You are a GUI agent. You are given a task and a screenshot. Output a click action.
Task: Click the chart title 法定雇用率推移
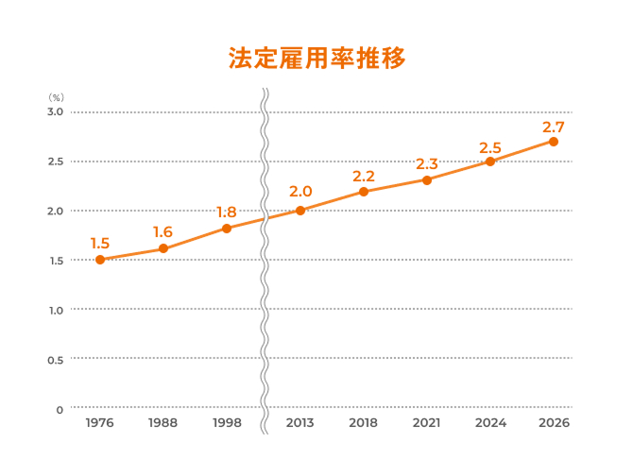[316, 59]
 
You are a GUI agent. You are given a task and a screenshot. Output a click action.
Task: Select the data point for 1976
[100, 260]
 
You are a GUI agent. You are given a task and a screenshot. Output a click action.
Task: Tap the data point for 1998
[227, 229]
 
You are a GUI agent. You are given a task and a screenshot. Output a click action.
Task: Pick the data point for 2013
[300, 210]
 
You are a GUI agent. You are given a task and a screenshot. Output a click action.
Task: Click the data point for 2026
[554, 142]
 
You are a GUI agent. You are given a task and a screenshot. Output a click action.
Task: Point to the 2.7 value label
[554, 127]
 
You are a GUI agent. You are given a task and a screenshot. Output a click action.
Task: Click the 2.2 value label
[364, 177]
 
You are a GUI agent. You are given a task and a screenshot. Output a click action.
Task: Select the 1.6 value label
[163, 232]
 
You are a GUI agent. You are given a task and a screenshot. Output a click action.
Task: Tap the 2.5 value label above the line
[490, 147]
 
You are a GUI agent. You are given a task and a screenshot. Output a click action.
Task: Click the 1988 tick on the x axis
[163, 423]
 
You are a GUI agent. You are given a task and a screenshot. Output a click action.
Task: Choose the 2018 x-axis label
[364, 423]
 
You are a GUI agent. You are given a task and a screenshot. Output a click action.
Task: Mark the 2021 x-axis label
[427, 423]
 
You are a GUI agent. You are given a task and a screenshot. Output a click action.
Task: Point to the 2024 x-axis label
[490, 423]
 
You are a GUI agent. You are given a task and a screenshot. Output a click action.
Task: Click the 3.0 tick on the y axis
[54, 111]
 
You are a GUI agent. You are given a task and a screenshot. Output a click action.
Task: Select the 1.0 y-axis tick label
[54, 310]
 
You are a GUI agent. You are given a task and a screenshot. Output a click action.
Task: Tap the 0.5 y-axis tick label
[54, 360]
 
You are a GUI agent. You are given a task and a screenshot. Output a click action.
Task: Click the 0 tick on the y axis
[59, 409]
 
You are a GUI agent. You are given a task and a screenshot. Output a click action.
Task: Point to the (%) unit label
[56, 97]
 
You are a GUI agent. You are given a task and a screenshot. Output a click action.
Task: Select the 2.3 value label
[427, 164]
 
